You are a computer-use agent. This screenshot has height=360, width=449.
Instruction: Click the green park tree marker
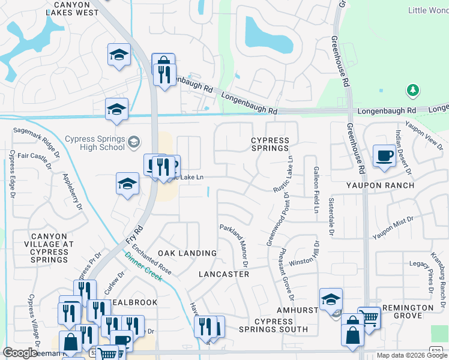[x=412, y=91]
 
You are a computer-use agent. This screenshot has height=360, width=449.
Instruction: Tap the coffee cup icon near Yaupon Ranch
[x=384, y=156]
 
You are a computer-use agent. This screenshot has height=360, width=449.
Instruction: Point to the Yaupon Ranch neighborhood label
[x=380, y=185]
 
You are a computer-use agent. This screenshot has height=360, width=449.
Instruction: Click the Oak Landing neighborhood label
[x=187, y=254]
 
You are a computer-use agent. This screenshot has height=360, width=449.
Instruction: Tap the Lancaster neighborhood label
[x=223, y=274]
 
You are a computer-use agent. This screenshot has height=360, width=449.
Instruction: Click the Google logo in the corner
[x=19, y=353]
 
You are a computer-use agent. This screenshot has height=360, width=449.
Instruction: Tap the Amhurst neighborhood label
[x=297, y=310]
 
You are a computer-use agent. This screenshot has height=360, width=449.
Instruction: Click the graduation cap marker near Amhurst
[x=331, y=299]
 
